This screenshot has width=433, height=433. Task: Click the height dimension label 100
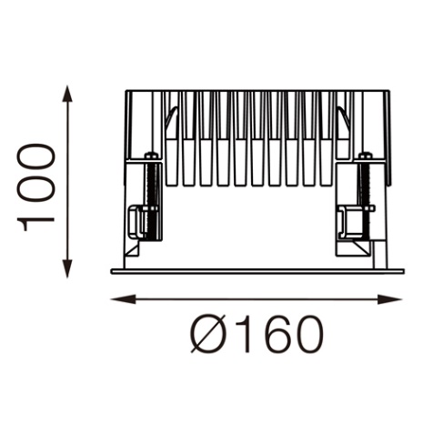(35, 187)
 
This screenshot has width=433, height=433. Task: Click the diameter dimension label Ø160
(257, 334)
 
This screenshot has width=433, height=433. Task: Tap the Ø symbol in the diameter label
(210, 334)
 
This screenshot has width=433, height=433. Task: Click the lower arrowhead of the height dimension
(67, 269)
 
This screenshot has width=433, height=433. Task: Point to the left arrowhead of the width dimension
(123, 299)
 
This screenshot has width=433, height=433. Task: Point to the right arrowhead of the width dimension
(390, 299)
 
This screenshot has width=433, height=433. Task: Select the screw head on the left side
(151, 156)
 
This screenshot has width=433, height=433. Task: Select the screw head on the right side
(366, 156)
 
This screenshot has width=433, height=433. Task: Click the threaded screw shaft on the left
(151, 200)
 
